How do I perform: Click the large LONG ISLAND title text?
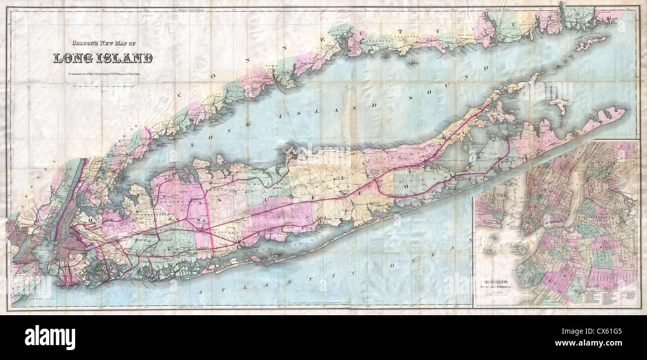(103, 58)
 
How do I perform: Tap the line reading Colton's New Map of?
(103, 43)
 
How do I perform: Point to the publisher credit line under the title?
(103, 75)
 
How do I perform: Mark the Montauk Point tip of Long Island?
(623, 111)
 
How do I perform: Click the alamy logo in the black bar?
(50, 337)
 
